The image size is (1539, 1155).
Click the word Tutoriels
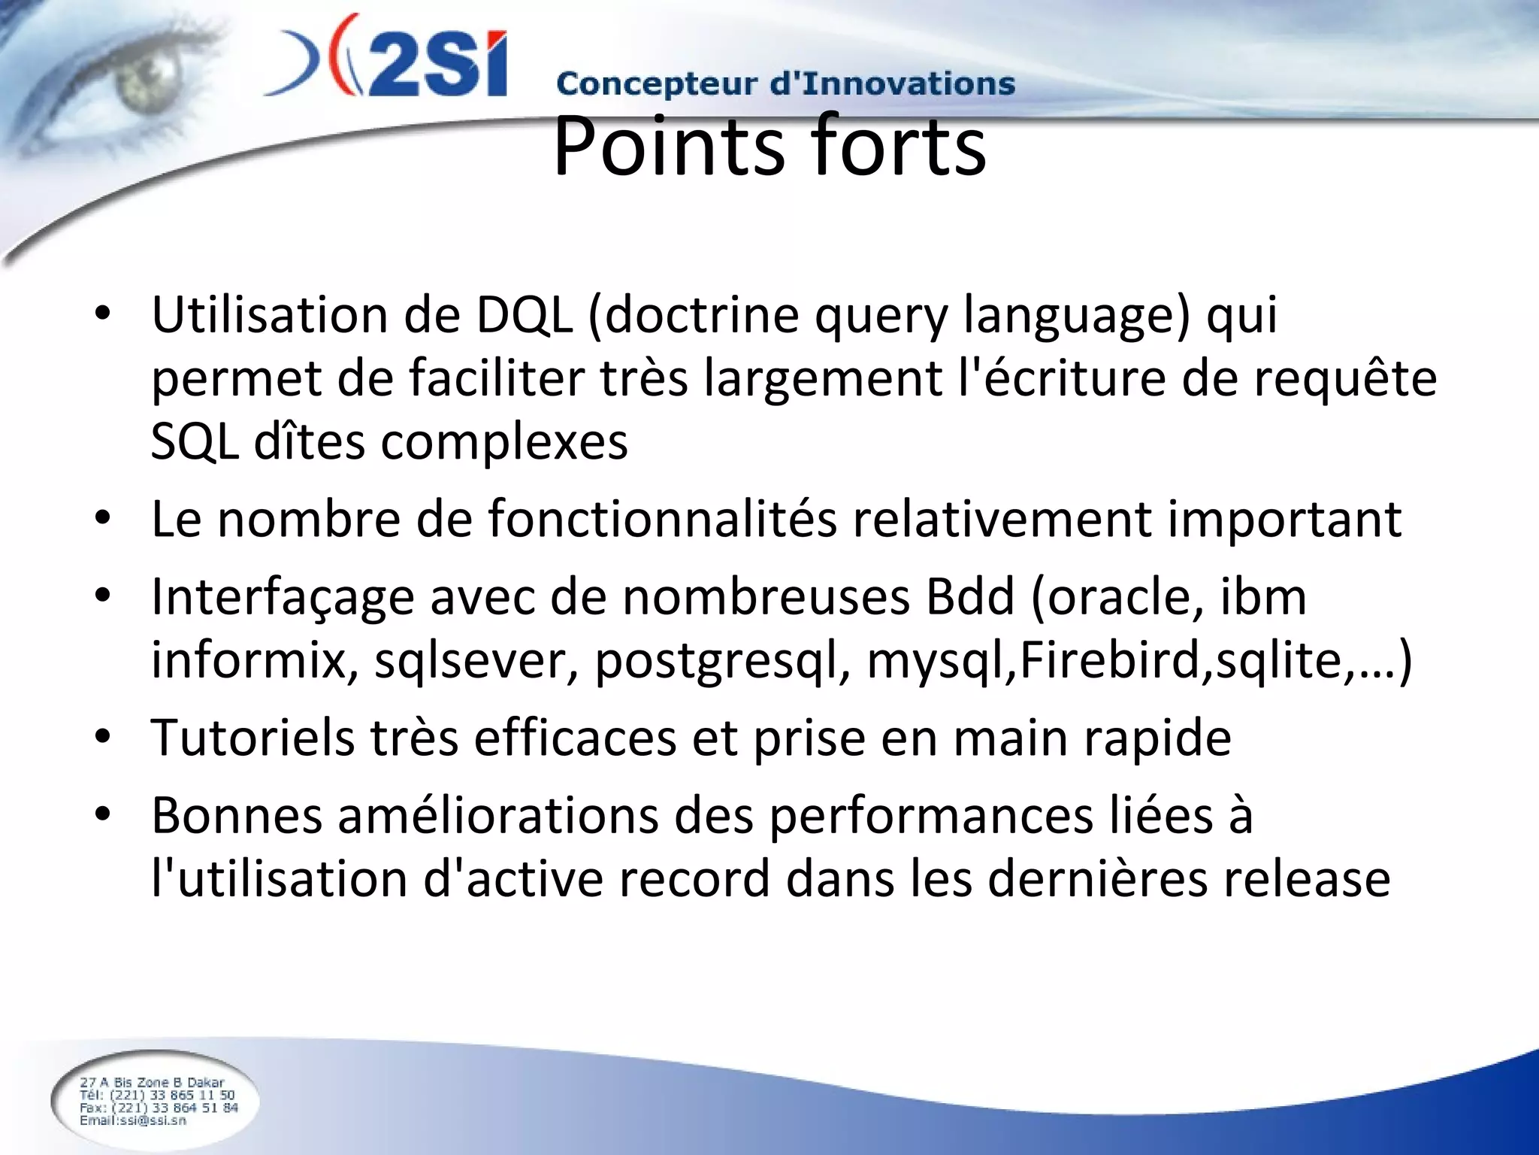point(252,738)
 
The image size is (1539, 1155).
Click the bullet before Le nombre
point(103,519)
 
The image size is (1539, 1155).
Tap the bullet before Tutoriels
point(103,738)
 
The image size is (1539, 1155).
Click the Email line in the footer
point(133,1120)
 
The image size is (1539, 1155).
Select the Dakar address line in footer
point(153,1082)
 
